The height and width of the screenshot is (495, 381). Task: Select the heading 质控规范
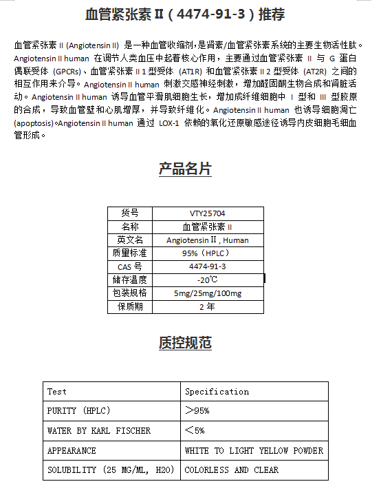(x=185, y=343)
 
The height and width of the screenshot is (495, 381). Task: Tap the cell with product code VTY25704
(x=208, y=213)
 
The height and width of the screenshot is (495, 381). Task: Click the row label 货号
(x=130, y=213)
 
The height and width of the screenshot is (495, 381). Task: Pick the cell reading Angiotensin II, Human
(x=208, y=240)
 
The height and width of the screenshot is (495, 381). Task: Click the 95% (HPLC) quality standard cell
(x=208, y=253)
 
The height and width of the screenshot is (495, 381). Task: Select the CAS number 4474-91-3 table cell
(x=208, y=266)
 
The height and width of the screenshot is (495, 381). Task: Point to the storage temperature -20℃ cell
(x=208, y=280)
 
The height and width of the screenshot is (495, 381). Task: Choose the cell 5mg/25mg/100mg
(x=208, y=293)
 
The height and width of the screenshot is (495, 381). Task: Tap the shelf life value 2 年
(x=208, y=307)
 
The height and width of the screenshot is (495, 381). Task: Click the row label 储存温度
(x=130, y=280)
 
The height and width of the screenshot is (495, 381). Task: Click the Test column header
(x=57, y=392)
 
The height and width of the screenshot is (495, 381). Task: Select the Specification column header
(x=217, y=392)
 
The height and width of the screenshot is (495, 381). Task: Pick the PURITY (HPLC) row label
(x=78, y=411)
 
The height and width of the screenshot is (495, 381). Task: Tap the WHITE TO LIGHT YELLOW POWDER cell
(x=254, y=451)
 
